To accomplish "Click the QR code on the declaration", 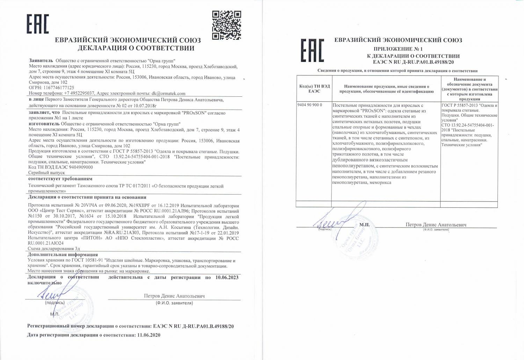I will click(x=226, y=25).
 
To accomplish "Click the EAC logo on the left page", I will click(x=38, y=24).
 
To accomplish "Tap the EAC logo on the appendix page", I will click(x=312, y=50).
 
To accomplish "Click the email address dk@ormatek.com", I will click(x=168, y=94).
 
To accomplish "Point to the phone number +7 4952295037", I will click(x=79, y=94).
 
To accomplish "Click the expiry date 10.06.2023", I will click(x=227, y=277).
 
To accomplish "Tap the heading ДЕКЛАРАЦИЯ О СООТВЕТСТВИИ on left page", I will click(x=136, y=48).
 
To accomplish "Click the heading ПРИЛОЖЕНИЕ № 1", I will click(x=398, y=49).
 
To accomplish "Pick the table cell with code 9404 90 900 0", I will click(x=311, y=105).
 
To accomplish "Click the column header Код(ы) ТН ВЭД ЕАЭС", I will click(x=314, y=89).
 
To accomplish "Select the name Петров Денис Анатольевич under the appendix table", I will click(x=436, y=225).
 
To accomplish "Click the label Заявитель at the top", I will click(x=41, y=60).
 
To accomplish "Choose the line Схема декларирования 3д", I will click(x=54, y=249).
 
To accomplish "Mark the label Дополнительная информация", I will click(x=63, y=255).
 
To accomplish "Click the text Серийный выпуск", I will click(x=46, y=173).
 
